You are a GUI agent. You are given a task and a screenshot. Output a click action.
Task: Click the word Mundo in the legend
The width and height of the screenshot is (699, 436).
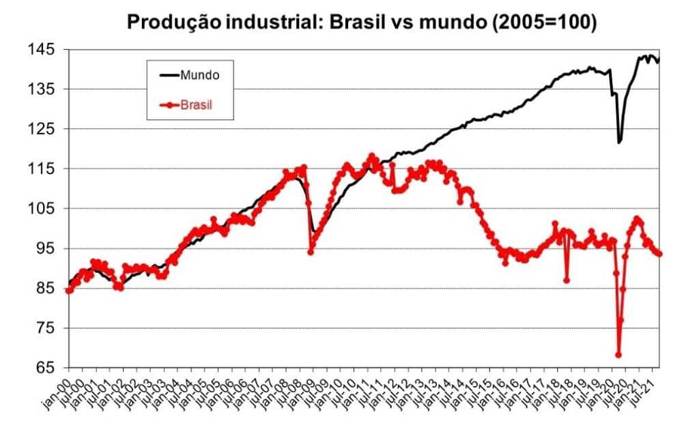pyautogui.click(x=199, y=75)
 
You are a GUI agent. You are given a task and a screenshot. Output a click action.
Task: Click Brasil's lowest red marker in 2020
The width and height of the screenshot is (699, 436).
pyautogui.click(x=618, y=355)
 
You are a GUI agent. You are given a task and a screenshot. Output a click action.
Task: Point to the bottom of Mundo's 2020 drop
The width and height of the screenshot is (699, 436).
pyautogui.click(x=619, y=142)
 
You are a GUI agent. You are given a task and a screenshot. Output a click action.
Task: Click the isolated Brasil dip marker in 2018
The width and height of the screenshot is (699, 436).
pyautogui.click(x=567, y=280)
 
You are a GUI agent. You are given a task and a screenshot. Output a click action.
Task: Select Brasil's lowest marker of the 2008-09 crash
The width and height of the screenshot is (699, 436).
pyautogui.click(x=311, y=252)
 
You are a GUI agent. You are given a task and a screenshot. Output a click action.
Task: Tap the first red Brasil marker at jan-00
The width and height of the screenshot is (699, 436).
pyautogui.click(x=68, y=290)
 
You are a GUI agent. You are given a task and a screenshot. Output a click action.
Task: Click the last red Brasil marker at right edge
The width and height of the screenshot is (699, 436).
pyautogui.click(x=659, y=255)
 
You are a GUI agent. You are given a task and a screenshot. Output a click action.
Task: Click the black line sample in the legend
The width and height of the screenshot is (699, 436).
pyautogui.click(x=169, y=75)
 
